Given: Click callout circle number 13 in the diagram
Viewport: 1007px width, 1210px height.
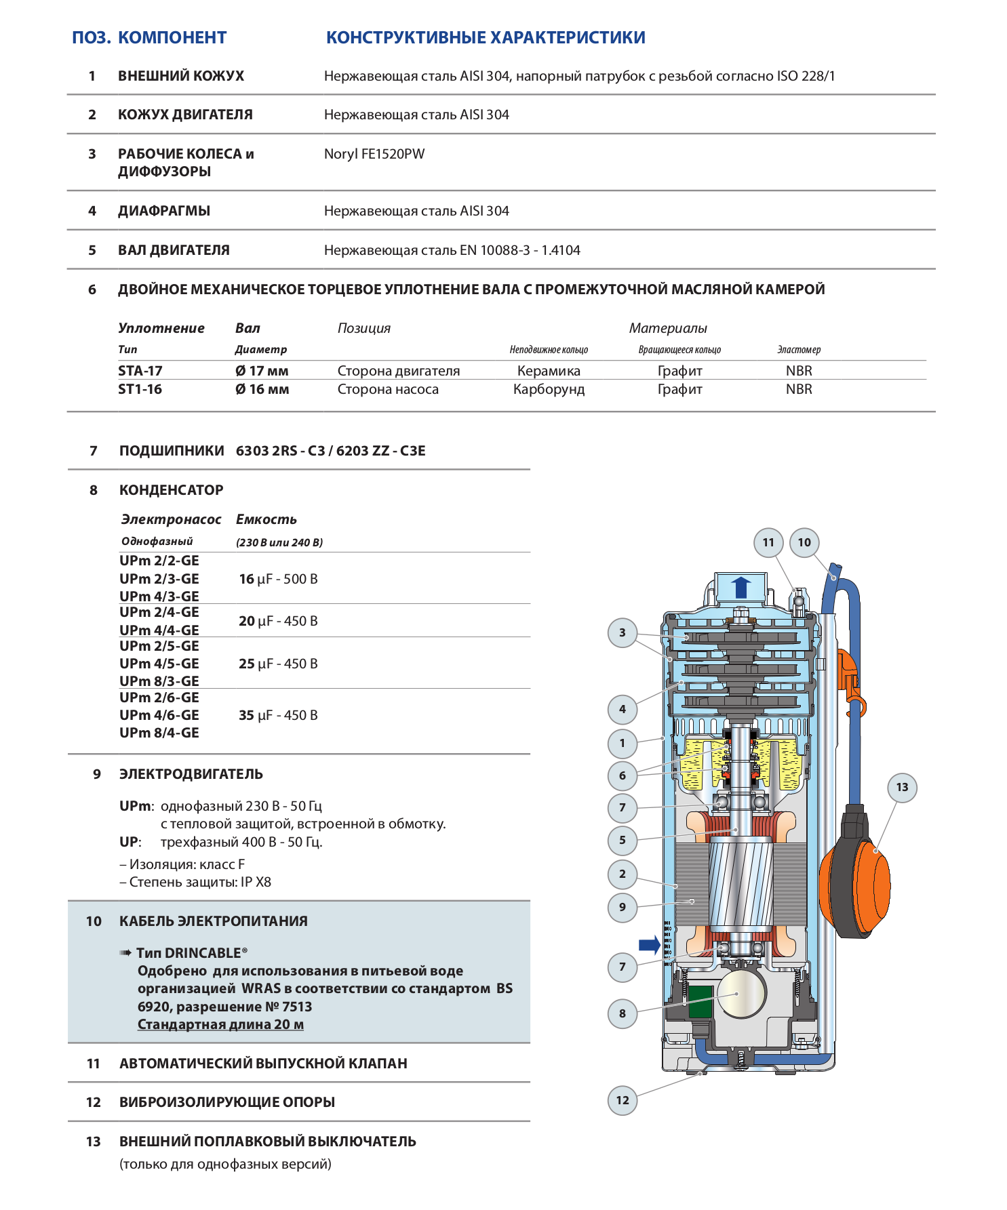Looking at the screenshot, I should click(x=902, y=787).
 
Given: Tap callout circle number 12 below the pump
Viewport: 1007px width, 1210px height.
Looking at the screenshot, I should click(x=623, y=1100).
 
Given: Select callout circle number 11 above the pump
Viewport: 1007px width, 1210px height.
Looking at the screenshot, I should click(x=768, y=542).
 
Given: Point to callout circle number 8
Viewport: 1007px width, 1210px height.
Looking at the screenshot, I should click(x=623, y=1013).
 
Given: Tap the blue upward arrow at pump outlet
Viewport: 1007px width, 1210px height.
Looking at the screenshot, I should click(x=741, y=587).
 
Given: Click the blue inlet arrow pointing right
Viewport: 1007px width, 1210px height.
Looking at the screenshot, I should click(x=650, y=944).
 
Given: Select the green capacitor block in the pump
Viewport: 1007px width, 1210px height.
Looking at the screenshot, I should click(x=701, y=1002).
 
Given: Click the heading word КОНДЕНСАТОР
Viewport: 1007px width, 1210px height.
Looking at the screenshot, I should click(x=171, y=490).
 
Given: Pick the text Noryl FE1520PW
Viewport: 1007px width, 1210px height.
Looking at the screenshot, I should click(x=374, y=154).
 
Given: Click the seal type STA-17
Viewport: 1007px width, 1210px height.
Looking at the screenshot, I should click(x=140, y=371).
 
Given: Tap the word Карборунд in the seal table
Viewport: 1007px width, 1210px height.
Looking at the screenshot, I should click(x=549, y=389).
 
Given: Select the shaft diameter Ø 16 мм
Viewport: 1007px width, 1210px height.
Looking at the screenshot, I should click(x=262, y=389).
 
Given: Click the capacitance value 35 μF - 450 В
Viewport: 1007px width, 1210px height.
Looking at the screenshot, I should click(x=278, y=715).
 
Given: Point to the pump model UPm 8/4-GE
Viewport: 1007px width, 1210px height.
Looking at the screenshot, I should click(x=159, y=733).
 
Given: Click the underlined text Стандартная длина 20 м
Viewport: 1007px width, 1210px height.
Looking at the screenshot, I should click(x=220, y=1024).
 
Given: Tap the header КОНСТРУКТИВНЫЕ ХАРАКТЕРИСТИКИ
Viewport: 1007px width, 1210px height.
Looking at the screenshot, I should click(x=486, y=37).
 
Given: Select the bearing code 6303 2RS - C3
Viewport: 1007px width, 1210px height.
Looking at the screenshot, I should click(x=280, y=451).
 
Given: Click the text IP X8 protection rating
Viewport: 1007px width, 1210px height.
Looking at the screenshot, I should click(x=255, y=882).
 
